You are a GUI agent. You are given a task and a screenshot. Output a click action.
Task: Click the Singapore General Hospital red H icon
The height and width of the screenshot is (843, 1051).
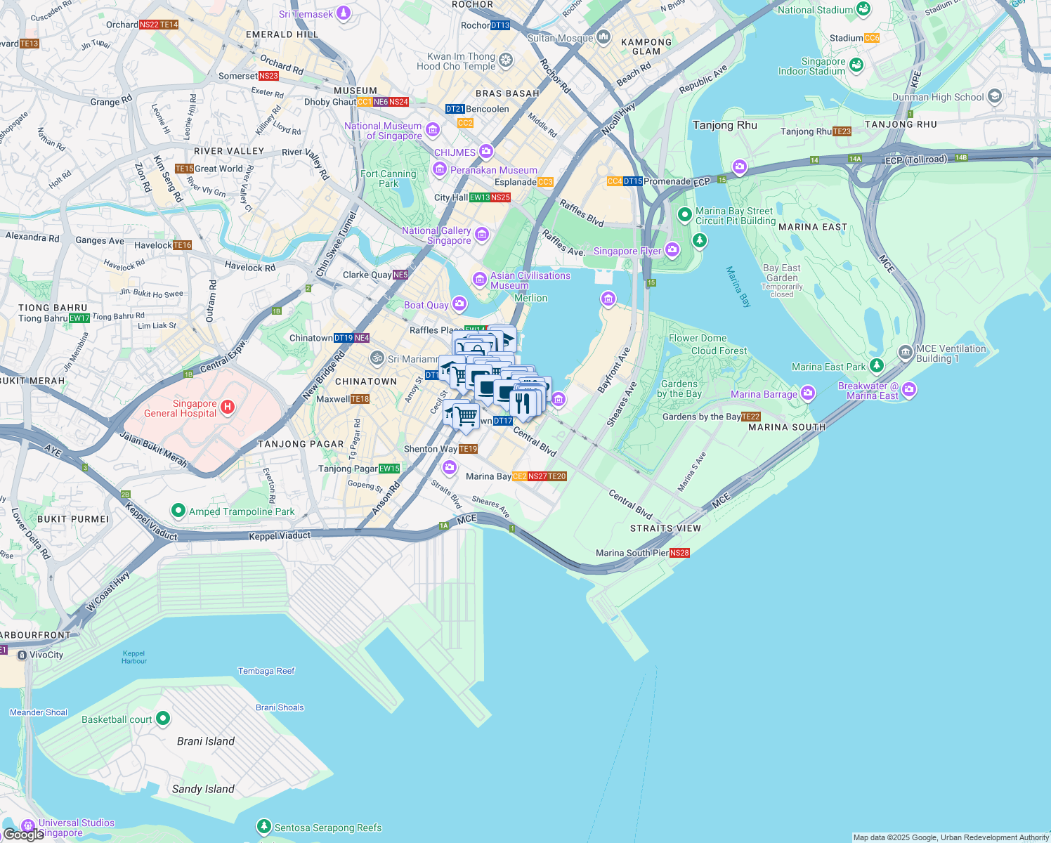click(x=227, y=407)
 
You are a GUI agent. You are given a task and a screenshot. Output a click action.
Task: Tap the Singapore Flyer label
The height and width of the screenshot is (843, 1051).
click(x=627, y=251)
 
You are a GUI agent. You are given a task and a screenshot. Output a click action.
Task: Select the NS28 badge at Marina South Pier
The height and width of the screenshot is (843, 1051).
click(x=679, y=553)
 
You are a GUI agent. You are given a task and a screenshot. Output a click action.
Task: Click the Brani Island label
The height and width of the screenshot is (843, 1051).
click(x=206, y=741)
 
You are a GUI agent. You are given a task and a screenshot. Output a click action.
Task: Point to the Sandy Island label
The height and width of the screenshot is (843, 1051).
click(x=203, y=789)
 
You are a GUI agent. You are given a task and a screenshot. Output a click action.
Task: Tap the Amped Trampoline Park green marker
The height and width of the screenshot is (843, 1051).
click(x=178, y=511)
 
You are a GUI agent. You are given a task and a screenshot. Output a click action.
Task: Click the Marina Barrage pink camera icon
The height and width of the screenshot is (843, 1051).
click(x=808, y=393)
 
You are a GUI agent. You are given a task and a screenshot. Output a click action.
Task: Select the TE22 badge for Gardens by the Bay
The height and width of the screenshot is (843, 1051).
click(x=751, y=417)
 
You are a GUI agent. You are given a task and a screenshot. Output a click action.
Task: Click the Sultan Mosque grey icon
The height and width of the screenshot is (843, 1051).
click(x=603, y=37)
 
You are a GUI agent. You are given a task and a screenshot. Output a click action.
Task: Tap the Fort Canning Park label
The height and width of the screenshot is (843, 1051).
click(x=389, y=178)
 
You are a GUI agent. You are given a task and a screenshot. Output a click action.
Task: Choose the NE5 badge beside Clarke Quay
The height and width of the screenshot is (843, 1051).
click(x=400, y=275)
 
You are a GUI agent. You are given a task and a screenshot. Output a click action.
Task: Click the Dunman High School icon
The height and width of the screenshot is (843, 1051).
click(x=994, y=96)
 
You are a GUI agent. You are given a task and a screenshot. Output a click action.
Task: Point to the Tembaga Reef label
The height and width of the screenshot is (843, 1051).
click(x=266, y=671)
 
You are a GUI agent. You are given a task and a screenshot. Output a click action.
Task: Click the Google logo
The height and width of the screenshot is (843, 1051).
click(x=23, y=835)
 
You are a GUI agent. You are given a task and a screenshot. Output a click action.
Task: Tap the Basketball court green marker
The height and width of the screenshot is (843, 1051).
click(x=163, y=718)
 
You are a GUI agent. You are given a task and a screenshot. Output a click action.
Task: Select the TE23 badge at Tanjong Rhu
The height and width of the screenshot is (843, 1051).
click(x=842, y=131)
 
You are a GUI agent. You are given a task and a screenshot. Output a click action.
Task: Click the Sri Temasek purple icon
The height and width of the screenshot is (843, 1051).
click(x=344, y=13)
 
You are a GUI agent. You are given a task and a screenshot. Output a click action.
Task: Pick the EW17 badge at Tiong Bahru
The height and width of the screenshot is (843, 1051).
click(x=79, y=318)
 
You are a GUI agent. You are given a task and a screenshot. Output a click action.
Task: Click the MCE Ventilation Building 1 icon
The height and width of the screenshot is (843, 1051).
click(x=906, y=352)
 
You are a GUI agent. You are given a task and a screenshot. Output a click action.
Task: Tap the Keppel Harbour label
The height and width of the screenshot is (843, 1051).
click(x=134, y=657)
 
